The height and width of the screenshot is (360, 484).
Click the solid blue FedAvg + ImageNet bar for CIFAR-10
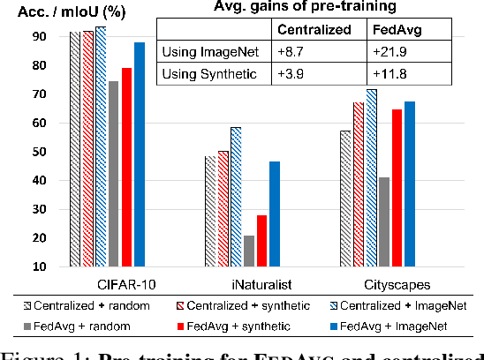pyautogui.click(x=139, y=154)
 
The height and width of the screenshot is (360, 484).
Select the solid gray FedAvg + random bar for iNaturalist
pyautogui.click(x=250, y=251)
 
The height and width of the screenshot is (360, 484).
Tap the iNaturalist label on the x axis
pyautogui.click(x=242, y=284)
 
